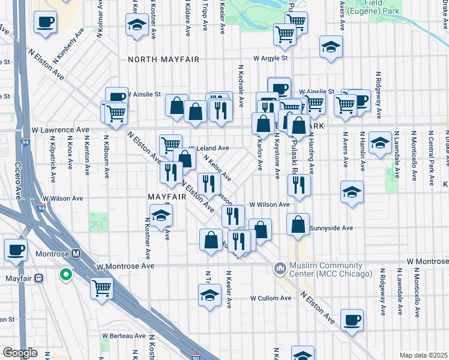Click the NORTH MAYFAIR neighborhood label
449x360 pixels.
[163, 60]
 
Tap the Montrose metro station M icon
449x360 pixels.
[76, 253]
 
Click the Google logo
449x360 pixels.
[20, 353]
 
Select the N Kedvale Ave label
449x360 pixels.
[240, 86]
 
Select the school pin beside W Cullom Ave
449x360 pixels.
[209, 295]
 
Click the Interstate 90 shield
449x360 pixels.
[196, 356]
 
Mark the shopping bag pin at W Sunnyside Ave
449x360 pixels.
[298, 225]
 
